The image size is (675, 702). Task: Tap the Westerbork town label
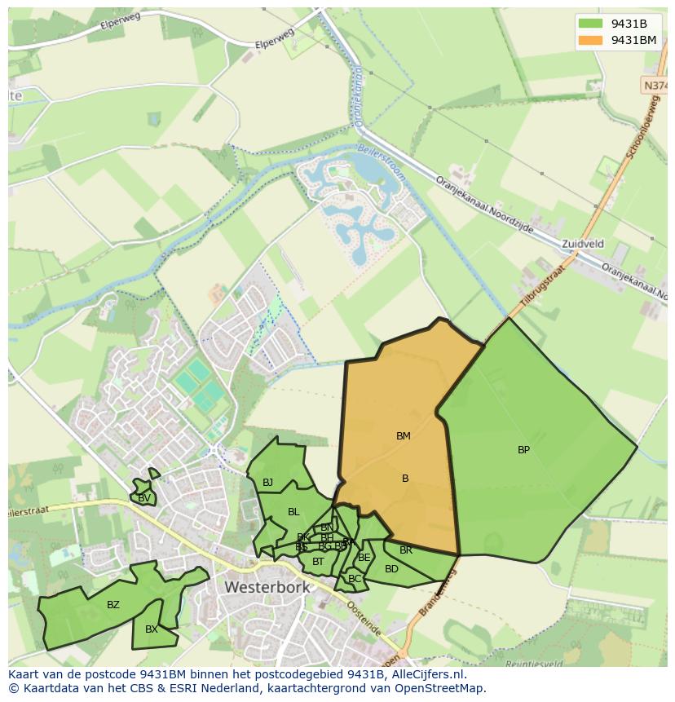267,587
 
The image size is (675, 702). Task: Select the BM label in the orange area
403,436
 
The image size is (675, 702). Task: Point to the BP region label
523,449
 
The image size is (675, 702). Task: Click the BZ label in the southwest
113,604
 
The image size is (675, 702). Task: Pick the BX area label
152,629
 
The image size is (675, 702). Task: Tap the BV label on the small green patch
143,498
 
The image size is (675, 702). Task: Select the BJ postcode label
267,483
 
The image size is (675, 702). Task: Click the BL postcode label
293,512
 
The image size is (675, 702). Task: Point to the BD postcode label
391,569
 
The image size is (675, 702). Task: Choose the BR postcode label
406,550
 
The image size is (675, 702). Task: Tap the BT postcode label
318,561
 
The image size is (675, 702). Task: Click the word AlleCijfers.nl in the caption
424,674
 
